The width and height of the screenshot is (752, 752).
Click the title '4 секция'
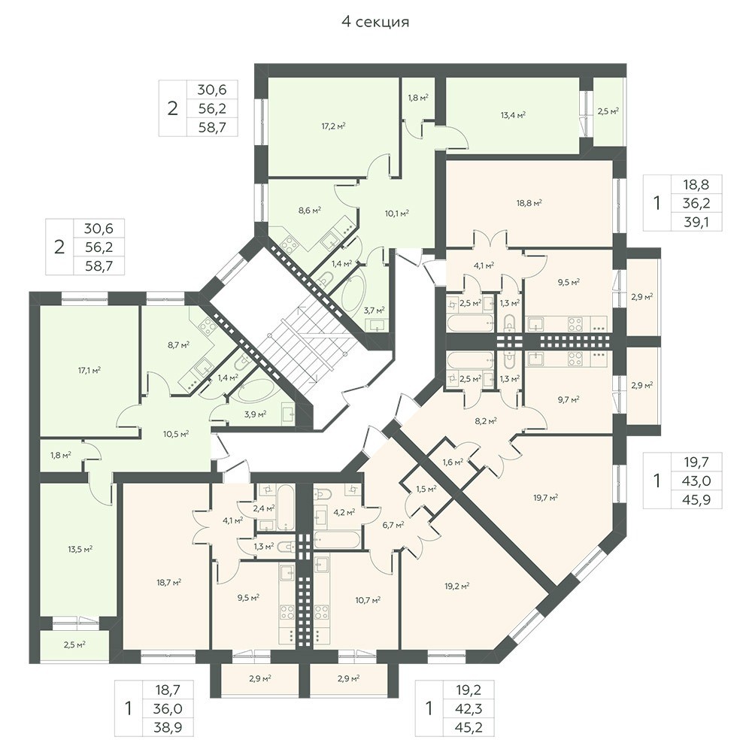point(375,22)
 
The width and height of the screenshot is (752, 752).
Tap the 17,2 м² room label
point(334,126)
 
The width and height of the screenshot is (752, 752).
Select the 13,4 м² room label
point(513,114)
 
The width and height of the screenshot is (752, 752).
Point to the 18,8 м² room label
point(529,203)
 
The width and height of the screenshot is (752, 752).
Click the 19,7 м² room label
point(546,498)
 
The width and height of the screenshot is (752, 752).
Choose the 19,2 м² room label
point(456,586)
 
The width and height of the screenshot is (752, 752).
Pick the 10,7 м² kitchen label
point(368,599)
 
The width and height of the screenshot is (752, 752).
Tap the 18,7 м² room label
point(168,582)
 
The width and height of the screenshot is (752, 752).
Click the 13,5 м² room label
point(80,549)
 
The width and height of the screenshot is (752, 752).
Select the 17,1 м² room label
point(89,370)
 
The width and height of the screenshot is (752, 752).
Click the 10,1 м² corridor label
point(396,214)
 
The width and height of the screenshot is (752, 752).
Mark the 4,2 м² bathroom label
point(344,512)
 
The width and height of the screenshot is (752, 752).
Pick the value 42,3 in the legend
point(468,709)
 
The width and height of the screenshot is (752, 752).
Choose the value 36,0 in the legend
point(168,709)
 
